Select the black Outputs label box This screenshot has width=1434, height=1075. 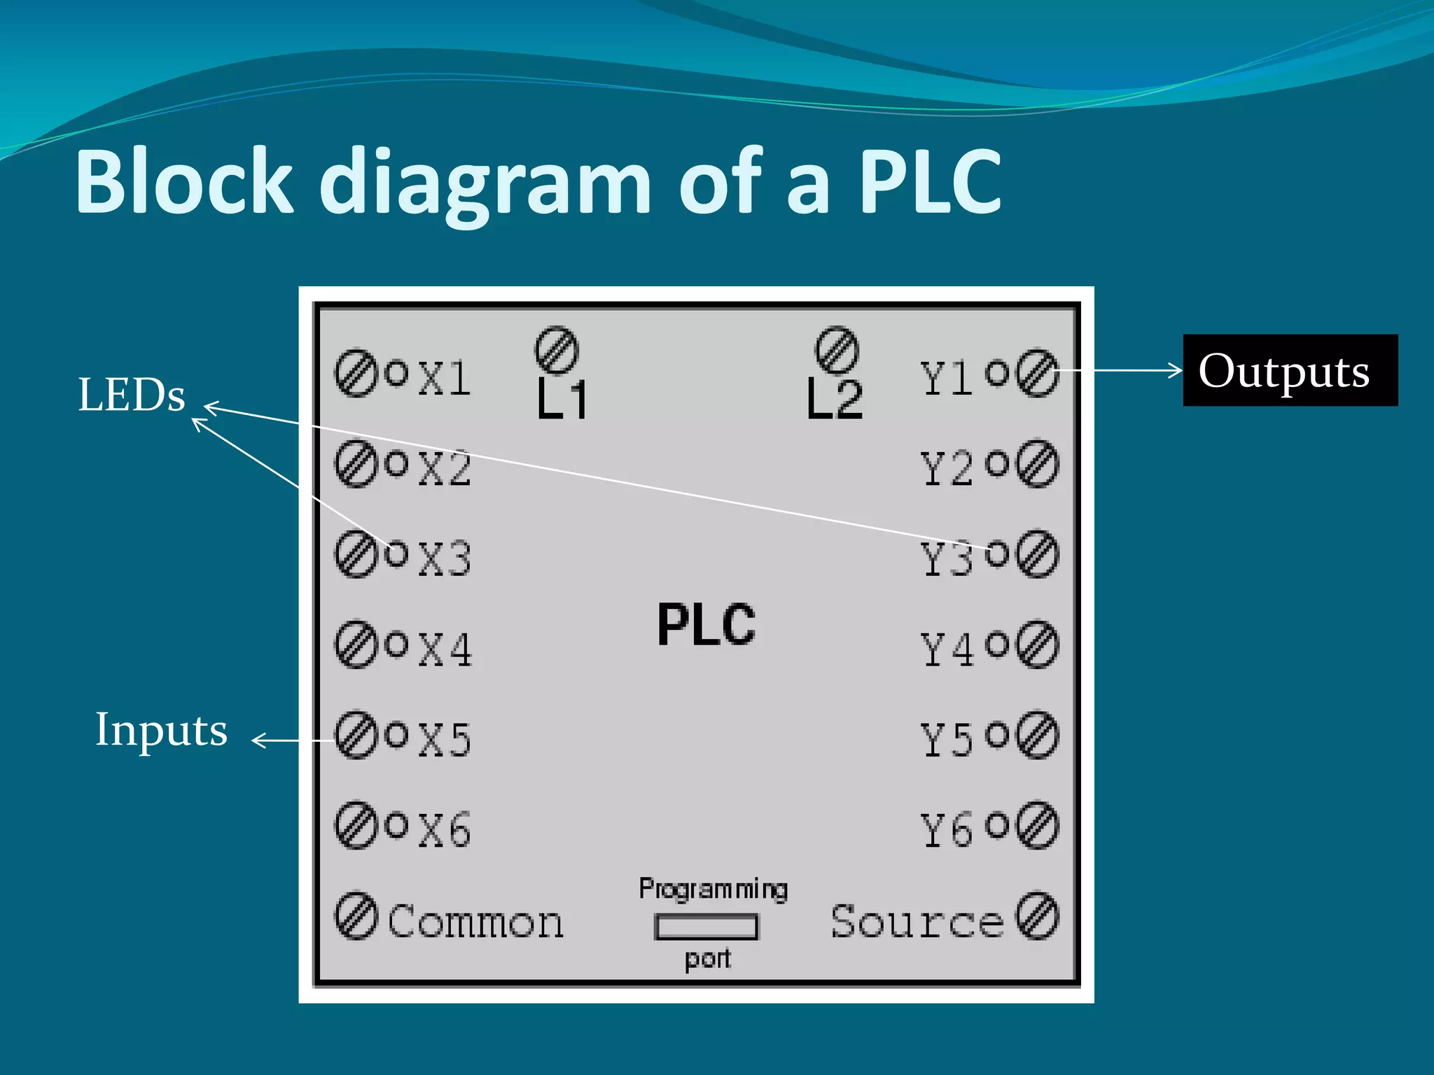coord(1290,370)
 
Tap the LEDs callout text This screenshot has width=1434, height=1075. coord(131,395)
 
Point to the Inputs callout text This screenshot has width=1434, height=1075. coord(161,730)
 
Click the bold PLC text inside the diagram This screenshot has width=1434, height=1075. coord(706,624)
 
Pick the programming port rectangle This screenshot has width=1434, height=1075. coord(706,927)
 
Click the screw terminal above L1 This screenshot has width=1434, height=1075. coord(557,350)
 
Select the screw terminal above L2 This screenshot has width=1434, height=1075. coord(837,350)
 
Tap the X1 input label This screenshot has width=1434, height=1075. coord(445,379)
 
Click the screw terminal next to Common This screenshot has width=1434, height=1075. coord(356,915)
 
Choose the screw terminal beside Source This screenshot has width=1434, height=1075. coord(1037,915)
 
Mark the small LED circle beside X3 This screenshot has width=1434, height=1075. coord(396,553)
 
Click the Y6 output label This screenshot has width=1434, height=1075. coord(946,830)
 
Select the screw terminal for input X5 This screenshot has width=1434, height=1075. coord(356,735)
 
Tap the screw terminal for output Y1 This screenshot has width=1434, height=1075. coord(1037,373)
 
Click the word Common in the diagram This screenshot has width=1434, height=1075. coord(475,921)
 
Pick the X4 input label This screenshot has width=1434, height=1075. coord(445,649)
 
